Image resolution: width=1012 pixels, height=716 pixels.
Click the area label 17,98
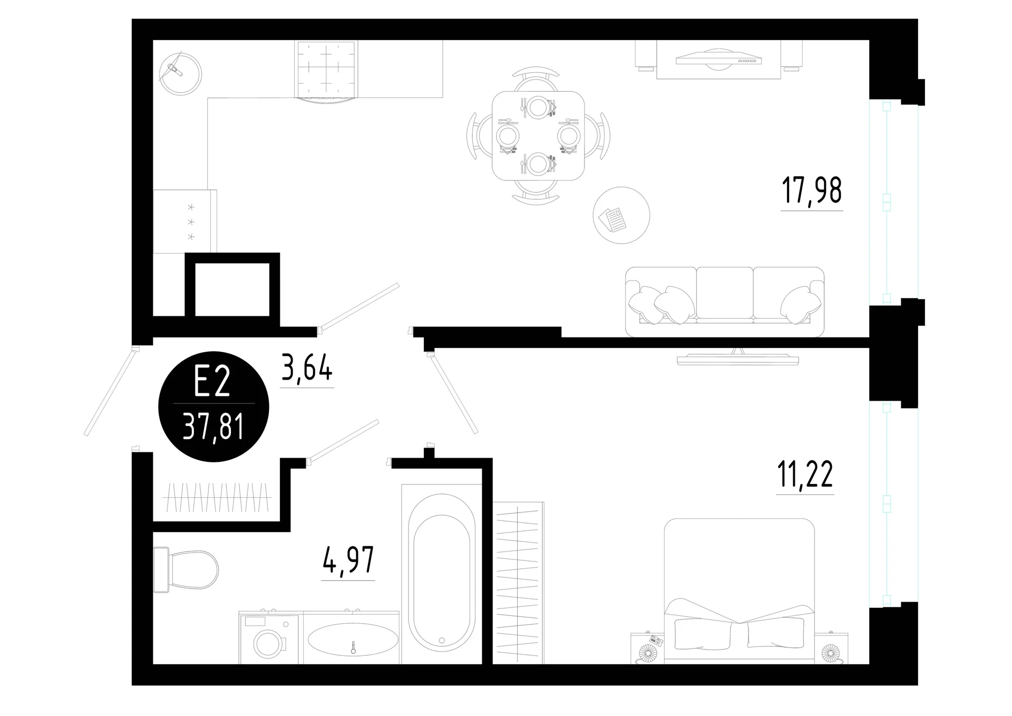pyautogui.click(x=811, y=191)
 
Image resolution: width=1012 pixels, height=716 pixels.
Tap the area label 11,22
pyautogui.click(x=805, y=475)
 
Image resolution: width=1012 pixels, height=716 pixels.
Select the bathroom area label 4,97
pyautogui.click(x=348, y=560)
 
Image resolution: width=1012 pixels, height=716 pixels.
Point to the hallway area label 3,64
pyautogui.click(x=307, y=367)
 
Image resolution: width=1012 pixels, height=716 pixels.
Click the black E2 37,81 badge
pyautogui.click(x=214, y=407)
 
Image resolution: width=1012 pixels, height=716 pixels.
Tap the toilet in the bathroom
pyautogui.click(x=185, y=569)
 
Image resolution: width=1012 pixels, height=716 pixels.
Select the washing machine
pyautogui.click(x=269, y=638)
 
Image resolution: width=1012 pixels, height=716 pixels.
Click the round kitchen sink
pyautogui.click(x=180, y=73)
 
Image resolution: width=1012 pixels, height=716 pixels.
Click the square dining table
pyautogui.click(x=538, y=136)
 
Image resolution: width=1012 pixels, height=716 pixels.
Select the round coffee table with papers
pyautogui.click(x=621, y=215)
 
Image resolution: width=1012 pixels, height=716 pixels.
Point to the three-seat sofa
pyautogui.click(x=725, y=302)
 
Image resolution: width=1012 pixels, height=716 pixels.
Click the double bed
pyautogui.click(x=739, y=591)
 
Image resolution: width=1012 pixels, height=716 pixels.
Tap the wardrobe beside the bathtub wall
pyautogui.click(x=518, y=583)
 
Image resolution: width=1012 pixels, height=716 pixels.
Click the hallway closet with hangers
pyautogui.click(x=217, y=497)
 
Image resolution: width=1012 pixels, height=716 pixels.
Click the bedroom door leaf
pyautogui.click(x=453, y=393)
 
